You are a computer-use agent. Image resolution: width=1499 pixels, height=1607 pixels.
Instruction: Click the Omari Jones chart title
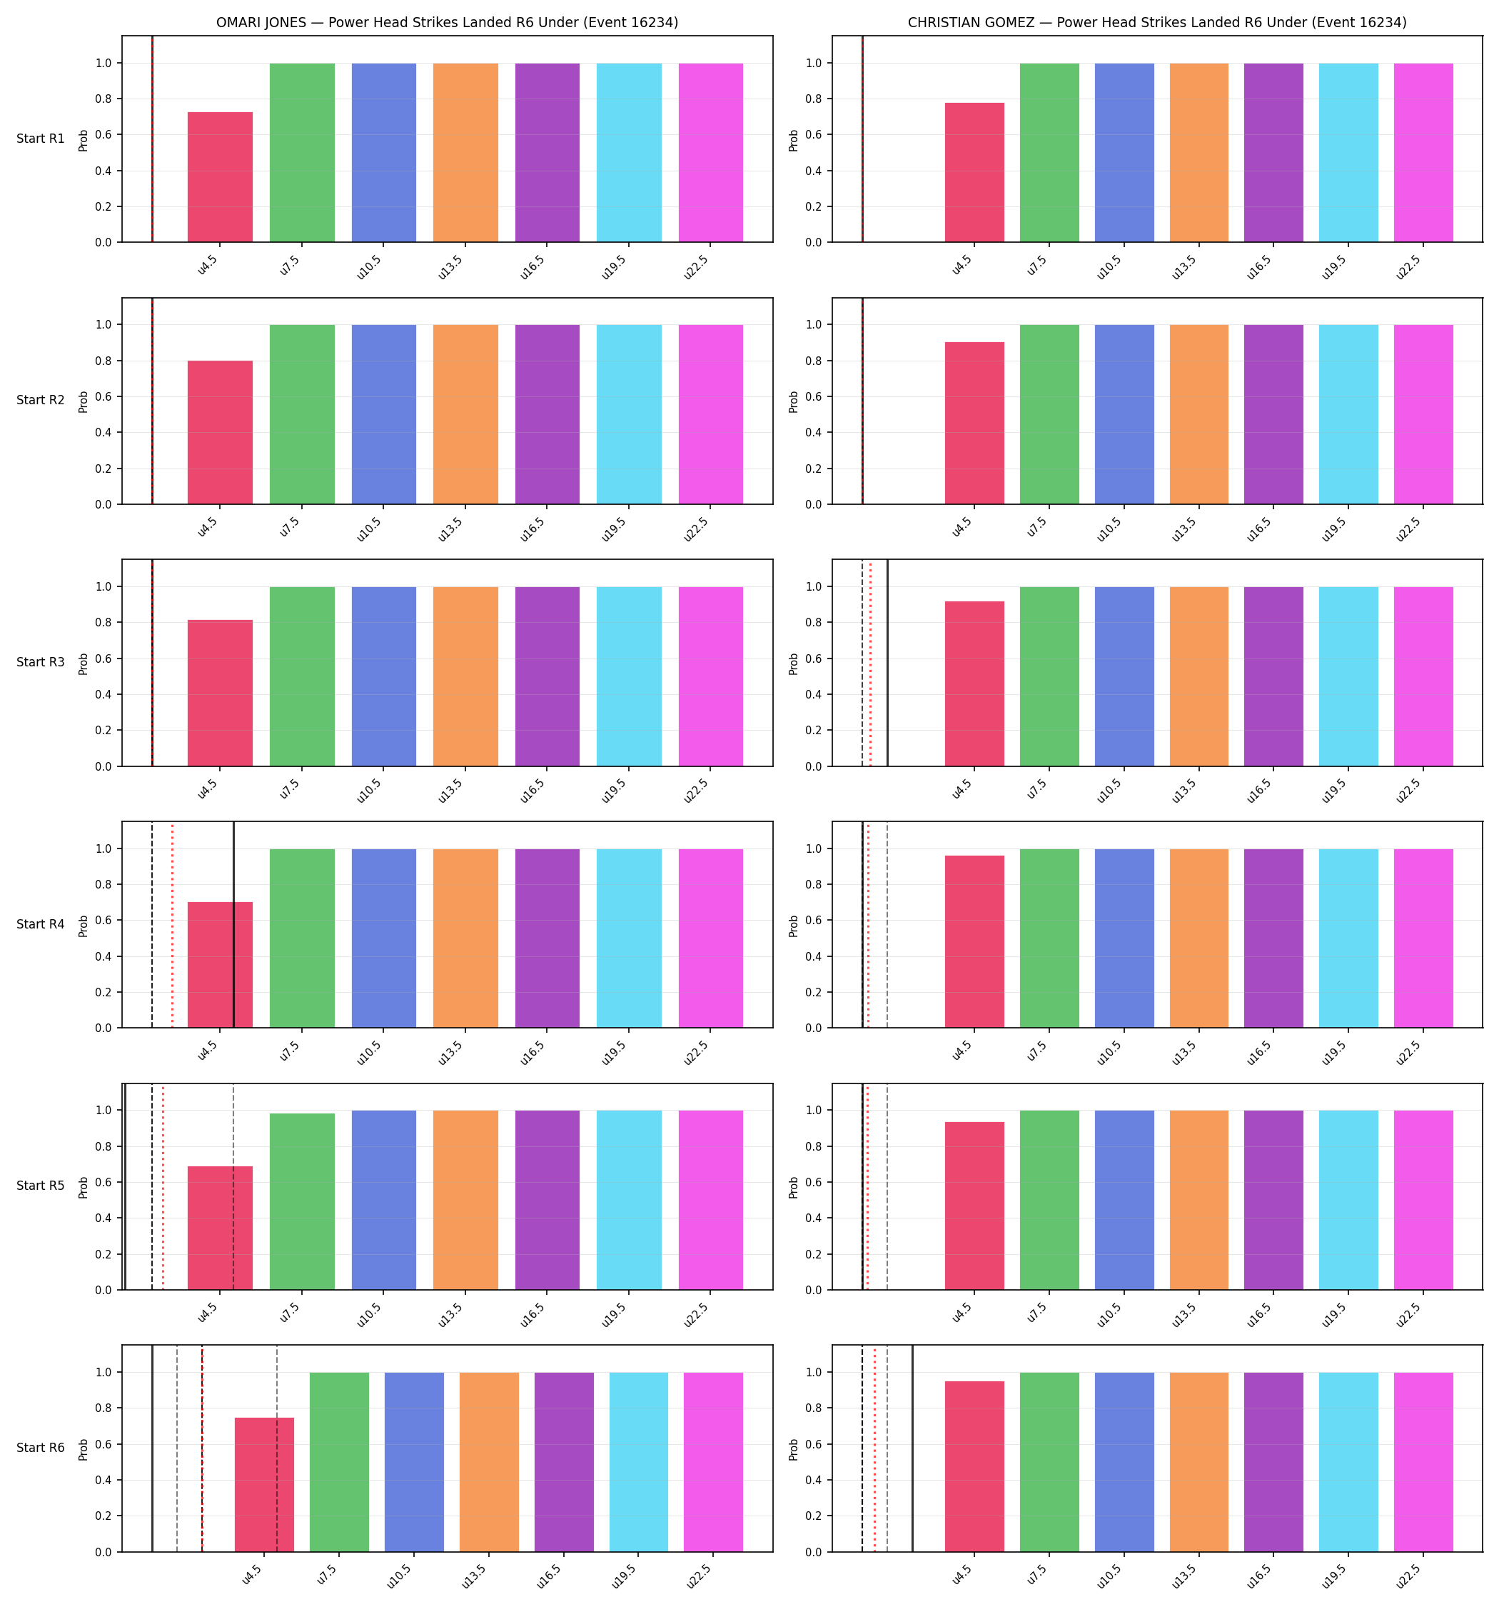pyautogui.click(x=447, y=23)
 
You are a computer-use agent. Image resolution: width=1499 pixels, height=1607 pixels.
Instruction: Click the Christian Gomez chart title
pyautogui.click(x=1156, y=23)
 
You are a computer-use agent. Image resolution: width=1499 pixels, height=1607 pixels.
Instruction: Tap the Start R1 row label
pyautogui.click(x=41, y=139)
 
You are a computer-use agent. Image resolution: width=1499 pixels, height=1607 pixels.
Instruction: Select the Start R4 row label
pyautogui.click(x=41, y=924)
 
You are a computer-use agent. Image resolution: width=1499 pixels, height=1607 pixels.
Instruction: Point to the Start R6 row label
pyautogui.click(x=41, y=1448)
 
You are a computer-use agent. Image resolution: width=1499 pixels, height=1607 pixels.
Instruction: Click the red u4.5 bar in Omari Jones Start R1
pyautogui.click(x=220, y=177)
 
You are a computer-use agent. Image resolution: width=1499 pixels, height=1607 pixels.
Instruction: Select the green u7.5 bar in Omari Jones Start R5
pyautogui.click(x=302, y=1201)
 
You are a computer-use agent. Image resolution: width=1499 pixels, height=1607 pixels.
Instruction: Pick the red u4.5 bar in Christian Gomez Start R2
pyautogui.click(x=974, y=423)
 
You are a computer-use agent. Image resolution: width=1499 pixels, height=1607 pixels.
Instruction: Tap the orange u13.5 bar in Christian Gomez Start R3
pyautogui.click(x=1199, y=676)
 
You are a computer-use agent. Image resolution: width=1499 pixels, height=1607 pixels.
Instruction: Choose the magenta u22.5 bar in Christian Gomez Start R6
pyautogui.click(x=1423, y=1462)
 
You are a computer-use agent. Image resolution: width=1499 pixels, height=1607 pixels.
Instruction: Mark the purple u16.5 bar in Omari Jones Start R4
pyautogui.click(x=547, y=938)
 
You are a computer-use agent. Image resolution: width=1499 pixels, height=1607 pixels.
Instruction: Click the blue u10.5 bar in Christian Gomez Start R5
pyautogui.click(x=1124, y=1201)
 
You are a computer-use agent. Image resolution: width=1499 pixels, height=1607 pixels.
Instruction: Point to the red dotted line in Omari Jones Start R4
pyautogui.click(x=172, y=925)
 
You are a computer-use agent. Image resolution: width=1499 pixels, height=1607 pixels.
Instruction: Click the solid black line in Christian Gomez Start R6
pyautogui.click(x=912, y=1448)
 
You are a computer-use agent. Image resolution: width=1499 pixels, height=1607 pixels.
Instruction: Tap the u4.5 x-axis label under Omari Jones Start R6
pyautogui.click(x=252, y=1574)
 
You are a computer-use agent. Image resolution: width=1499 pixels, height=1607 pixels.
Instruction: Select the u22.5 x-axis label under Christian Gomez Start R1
pyautogui.click(x=1408, y=266)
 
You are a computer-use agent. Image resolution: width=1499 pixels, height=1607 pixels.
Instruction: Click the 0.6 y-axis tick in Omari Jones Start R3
pyautogui.click(x=103, y=659)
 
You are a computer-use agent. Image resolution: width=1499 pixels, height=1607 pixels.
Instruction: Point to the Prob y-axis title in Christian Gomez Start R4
pyautogui.click(x=794, y=926)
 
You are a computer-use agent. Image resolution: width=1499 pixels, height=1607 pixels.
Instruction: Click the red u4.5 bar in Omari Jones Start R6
pyautogui.click(x=264, y=1484)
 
